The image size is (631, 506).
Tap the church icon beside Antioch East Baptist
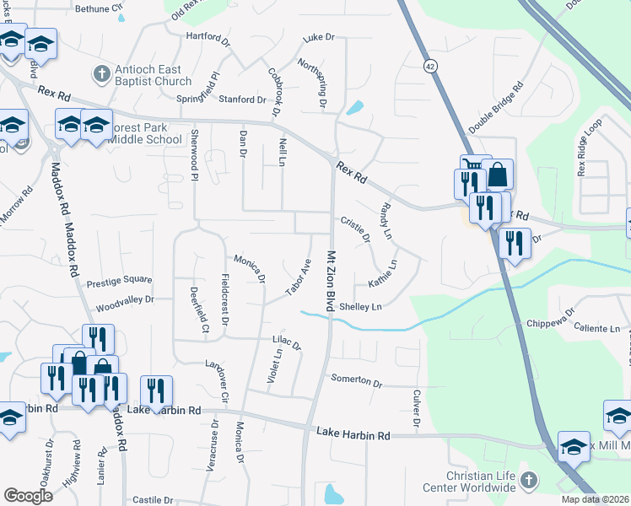tap(100, 74)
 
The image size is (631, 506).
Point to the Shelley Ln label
tap(360, 307)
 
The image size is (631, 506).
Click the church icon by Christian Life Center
tap(529, 482)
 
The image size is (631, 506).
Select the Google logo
tap(29, 495)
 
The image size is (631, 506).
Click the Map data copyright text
tap(594, 499)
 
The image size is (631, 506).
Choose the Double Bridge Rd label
tap(496, 108)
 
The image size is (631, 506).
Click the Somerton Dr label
tap(356, 380)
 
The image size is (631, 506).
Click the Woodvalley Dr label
tap(125, 299)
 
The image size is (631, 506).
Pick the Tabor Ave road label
tap(298, 277)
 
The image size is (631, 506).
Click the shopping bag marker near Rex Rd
tap(499, 175)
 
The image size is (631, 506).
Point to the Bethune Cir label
tap(105, 8)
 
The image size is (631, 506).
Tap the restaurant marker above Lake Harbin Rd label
tap(156, 390)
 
